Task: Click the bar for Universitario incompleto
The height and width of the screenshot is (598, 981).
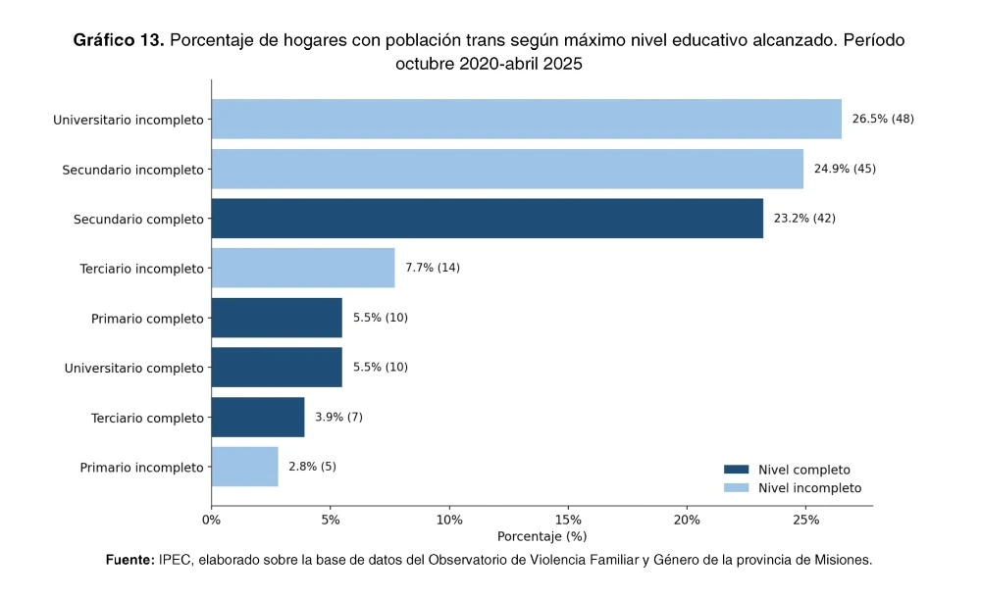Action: click(526, 119)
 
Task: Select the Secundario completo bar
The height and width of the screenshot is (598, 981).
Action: click(488, 219)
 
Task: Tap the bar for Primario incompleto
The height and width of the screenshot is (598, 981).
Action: click(244, 467)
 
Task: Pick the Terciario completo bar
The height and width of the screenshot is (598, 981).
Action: click(258, 418)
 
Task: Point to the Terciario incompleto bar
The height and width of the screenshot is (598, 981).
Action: click(303, 268)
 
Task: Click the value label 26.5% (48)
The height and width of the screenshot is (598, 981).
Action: click(883, 119)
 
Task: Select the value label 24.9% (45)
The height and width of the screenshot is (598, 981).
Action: click(845, 169)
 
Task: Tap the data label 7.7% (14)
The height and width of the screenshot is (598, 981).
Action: click(433, 268)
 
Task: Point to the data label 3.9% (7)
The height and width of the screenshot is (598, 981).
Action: click(338, 418)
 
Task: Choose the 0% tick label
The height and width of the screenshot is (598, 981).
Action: click(212, 520)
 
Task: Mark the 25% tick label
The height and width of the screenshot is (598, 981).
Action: click(805, 520)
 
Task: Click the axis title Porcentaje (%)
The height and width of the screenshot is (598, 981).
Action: click(542, 536)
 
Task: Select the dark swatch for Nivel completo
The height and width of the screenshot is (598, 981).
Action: click(736, 470)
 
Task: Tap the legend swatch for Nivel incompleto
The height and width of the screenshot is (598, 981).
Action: click(736, 488)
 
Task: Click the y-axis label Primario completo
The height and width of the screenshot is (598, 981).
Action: click(148, 319)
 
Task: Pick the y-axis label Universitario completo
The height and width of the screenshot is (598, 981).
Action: click(133, 369)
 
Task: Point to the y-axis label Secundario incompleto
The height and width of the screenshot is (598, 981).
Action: click(132, 171)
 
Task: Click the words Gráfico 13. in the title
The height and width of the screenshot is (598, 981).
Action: click(119, 40)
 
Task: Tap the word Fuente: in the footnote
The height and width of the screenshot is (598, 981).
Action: click(130, 560)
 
